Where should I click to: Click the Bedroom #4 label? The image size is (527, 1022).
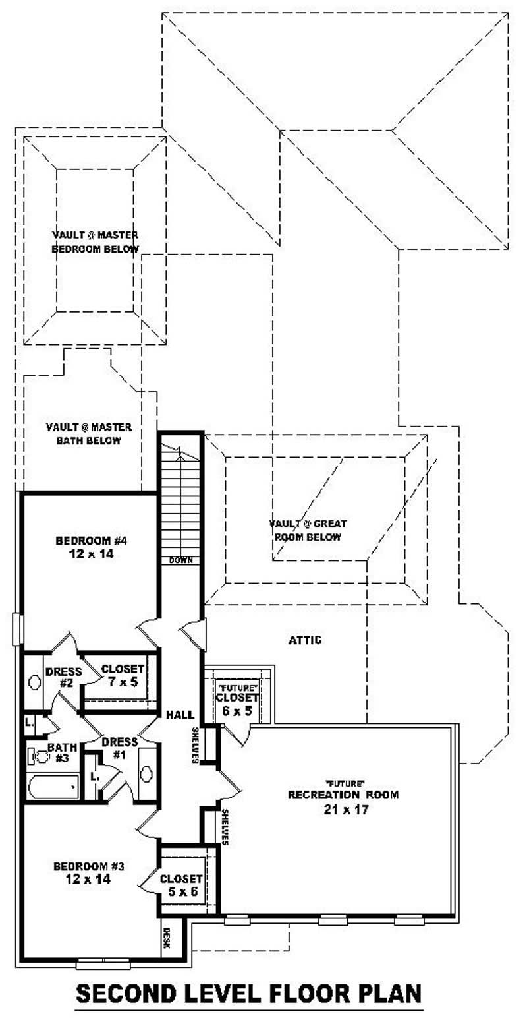tap(90, 547)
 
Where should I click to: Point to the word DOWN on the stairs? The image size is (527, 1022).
tap(180, 560)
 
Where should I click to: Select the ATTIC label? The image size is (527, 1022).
tap(305, 640)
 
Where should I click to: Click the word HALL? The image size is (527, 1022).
tap(180, 715)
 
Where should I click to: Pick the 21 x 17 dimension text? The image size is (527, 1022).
tap(343, 808)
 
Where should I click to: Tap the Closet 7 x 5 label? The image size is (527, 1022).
tap(123, 675)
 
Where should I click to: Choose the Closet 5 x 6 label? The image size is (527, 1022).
tap(181, 885)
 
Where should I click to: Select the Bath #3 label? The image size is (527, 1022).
tap(62, 752)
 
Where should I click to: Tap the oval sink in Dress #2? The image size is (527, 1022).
tap(34, 682)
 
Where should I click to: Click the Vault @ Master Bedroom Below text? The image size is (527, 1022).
tap(95, 241)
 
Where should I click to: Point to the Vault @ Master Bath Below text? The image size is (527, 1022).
tap(88, 433)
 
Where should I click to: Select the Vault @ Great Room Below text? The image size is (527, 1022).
tap(308, 530)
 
